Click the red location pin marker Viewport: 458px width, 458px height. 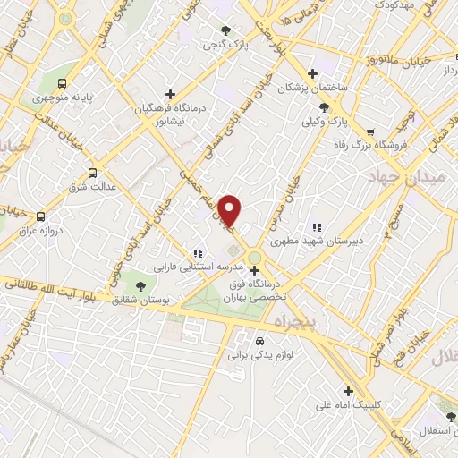(231, 211)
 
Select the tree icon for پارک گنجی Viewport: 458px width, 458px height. (225, 29)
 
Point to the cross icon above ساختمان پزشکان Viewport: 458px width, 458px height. (311, 73)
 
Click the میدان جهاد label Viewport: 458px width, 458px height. (412, 178)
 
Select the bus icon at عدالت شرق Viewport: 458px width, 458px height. (92, 174)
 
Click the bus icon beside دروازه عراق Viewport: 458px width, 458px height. (39, 216)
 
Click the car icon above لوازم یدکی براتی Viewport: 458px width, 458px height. (259, 341)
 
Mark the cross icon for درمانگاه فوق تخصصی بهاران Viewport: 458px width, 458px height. (255, 269)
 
